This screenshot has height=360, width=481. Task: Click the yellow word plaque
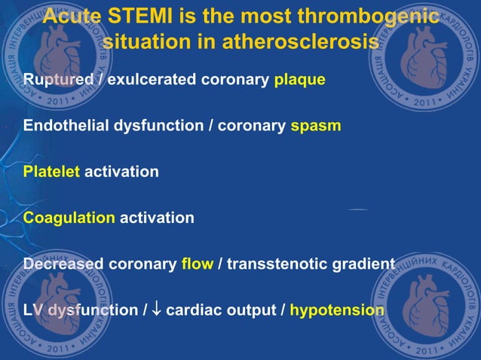(299, 80)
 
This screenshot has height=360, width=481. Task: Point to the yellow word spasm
(316, 126)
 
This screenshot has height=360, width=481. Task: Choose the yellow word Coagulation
(69, 218)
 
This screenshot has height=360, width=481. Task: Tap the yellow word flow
(198, 264)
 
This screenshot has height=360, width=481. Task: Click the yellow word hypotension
(337, 310)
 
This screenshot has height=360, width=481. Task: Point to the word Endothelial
(64, 126)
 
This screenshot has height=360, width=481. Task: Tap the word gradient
(362, 264)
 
